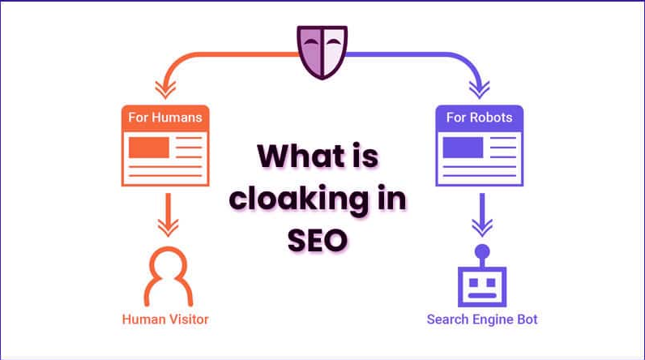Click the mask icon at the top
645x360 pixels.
click(x=322, y=52)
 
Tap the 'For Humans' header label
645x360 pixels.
click(x=165, y=118)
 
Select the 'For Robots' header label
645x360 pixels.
click(x=479, y=118)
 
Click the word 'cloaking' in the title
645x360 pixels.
click(x=299, y=199)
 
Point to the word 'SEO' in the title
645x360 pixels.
click(x=318, y=240)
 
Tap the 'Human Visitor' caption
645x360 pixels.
click(x=165, y=319)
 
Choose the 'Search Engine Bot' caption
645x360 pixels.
click(x=482, y=319)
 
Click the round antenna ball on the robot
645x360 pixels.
click(x=482, y=252)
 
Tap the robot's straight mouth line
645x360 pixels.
click(x=482, y=295)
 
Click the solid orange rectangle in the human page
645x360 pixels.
click(x=149, y=148)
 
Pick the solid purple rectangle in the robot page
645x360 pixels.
click(x=463, y=148)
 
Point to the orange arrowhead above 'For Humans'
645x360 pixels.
click(x=165, y=90)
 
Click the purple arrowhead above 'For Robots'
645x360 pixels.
click(x=479, y=90)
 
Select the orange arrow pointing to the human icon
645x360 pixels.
click(x=168, y=215)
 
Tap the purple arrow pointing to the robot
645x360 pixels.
click(x=482, y=215)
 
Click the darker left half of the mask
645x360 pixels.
click(x=310, y=51)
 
